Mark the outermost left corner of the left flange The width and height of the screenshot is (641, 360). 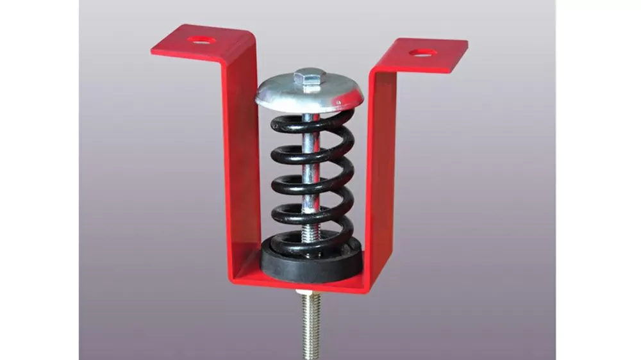[152, 52]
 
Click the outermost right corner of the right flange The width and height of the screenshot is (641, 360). [467, 44]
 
